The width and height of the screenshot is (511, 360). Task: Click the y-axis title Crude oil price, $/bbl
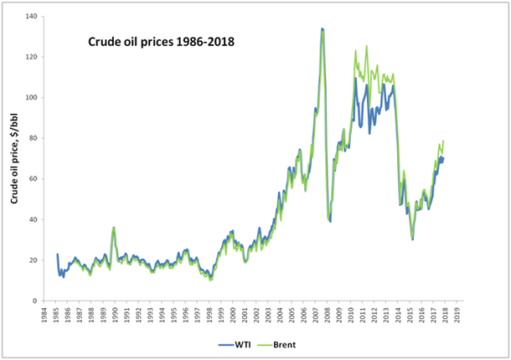pyautogui.click(x=14, y=158)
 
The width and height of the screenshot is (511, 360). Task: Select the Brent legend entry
pyautogui.click(x=281, y=343)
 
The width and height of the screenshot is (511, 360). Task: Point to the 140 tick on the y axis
pyautogui.click(x=35, y=17)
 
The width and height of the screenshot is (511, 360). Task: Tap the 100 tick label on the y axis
pyautogui.click(x=35, y=98)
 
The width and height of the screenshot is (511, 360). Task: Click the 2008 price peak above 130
pyautogui.click(x=323, y=29)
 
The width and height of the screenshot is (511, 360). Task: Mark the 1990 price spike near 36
pyautogui.click(x=113, y=227)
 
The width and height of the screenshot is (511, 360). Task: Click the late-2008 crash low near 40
pyautogui.click(x=329, y=220)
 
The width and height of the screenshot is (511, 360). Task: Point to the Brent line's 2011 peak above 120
pyautogui.click(x=356, y=51)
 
